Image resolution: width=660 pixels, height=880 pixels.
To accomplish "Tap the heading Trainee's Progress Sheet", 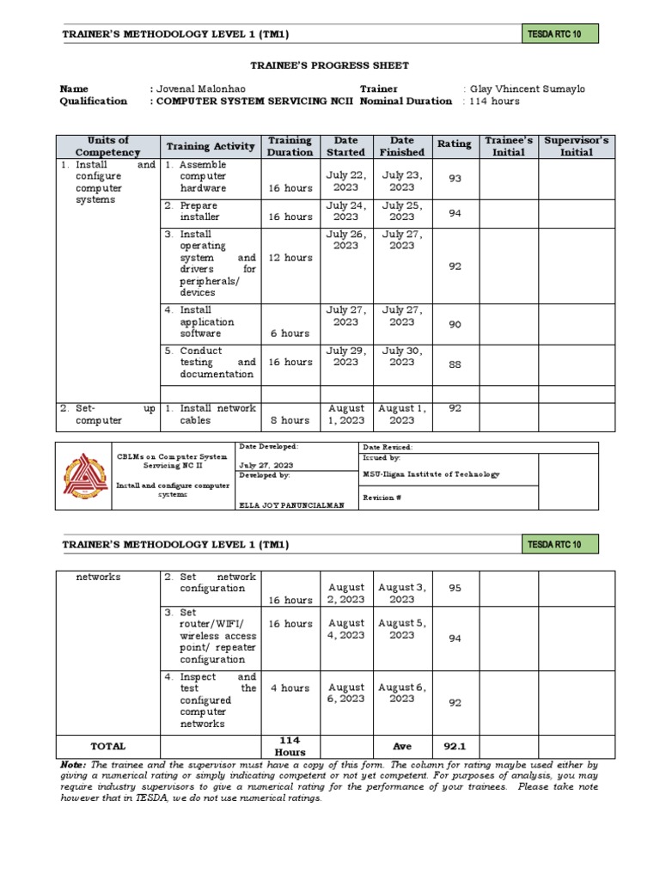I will click(329, 65).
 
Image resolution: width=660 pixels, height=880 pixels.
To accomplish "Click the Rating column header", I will click(454, 144).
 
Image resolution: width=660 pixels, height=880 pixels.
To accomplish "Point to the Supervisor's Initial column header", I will click(576, 146).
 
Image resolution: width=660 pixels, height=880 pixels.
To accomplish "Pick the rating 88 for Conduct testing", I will click(455, 365).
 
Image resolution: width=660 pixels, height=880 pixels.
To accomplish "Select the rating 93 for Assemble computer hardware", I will click(455, 178).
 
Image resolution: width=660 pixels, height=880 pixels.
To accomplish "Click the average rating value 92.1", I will click(455, 747).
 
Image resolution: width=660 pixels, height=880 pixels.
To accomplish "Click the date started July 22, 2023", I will click(345, 180).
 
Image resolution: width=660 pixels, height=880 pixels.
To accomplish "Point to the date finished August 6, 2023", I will click(401, 693).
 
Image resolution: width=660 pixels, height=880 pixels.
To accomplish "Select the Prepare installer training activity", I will click(199, 211).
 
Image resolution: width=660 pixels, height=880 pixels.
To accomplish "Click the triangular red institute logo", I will click(85, 476).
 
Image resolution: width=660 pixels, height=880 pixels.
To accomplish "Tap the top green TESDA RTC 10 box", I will click(559, 34).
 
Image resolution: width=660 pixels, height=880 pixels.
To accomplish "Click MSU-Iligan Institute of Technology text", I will click(431, 474).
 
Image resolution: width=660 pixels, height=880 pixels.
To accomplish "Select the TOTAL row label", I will click(107, 747).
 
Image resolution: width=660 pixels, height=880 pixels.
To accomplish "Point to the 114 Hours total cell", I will click(290, 746).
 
